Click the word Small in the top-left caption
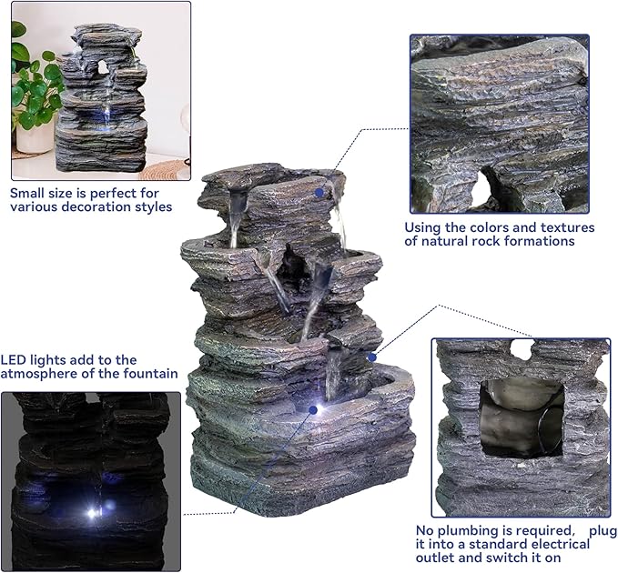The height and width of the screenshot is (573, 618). (x=28, y=193)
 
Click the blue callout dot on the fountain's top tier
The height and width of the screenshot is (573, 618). (x=319, y=192)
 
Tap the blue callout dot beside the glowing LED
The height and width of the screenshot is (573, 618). (x=312, y=409)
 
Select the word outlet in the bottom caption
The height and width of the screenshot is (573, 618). (x=432, y=558)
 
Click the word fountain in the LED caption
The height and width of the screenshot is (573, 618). (x=154, y=375)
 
